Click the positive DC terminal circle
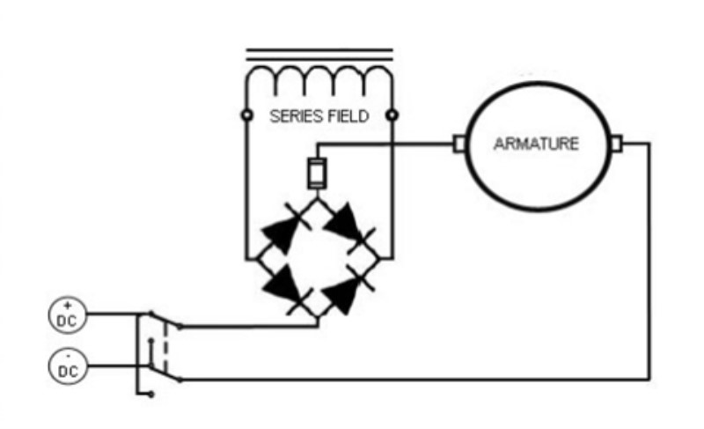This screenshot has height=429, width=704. [68, 314]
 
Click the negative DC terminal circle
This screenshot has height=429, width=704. [68, 366]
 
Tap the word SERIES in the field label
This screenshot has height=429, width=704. [297, 116]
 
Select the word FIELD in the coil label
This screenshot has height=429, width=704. [348, 116]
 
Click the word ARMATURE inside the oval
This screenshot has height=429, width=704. [536, 144]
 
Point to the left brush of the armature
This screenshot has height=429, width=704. [458, 144]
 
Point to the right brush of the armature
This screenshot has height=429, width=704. [617, 144]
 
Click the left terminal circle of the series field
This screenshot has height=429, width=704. [247, 115]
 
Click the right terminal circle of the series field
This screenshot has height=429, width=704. [392, 115]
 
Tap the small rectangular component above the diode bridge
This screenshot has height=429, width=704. [317, 174]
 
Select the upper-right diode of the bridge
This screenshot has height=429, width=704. [349, 227]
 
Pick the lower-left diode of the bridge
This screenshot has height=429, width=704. [285, 287]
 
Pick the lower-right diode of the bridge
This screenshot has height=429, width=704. [348, 290]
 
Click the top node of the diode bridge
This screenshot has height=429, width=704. [318, 199]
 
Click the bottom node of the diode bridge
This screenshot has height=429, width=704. [318, 318]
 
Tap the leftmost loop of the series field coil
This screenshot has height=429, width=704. [260, 78]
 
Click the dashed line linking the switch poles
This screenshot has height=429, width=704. [165, 348]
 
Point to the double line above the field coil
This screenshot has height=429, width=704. [319, 55]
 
